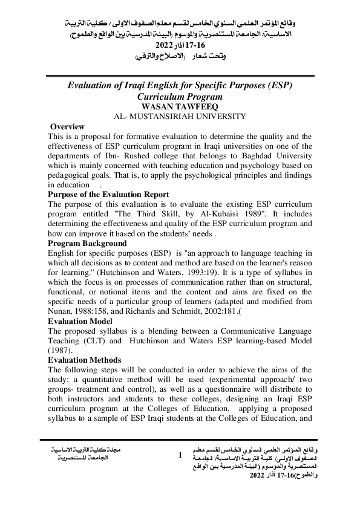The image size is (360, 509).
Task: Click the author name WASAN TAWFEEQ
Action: tap(180, 106)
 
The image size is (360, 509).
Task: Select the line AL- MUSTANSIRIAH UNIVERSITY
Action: tap(180, 116)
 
